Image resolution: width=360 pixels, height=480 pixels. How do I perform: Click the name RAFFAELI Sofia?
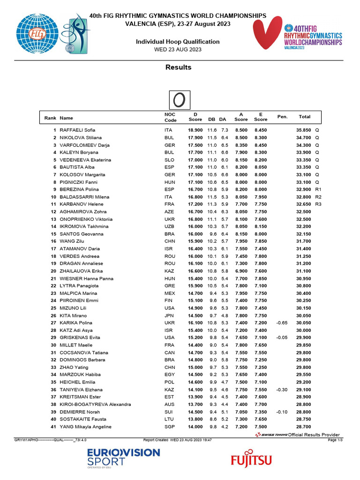(77, 130)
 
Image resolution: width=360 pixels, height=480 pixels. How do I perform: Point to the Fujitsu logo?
(251, 460)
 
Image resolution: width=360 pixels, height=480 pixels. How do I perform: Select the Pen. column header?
(282, 117)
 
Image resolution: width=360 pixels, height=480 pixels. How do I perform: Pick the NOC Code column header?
(170, 117)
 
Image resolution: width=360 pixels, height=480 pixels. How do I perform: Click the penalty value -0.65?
(282, 323)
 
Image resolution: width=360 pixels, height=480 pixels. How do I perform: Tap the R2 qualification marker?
(318, 197)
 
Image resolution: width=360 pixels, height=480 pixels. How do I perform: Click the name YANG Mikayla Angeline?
(85, 427)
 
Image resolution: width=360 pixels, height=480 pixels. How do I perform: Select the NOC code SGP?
(169, 427)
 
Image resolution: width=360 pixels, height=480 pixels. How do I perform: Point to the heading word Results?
(178, 67)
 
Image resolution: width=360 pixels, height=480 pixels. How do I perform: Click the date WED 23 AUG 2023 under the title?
(178, 49)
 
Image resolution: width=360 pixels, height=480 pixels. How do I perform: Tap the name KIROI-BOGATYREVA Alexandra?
(95, 405)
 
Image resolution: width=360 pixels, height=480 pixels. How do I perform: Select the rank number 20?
(53, 271)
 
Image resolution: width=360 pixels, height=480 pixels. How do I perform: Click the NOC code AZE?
(169, 212)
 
